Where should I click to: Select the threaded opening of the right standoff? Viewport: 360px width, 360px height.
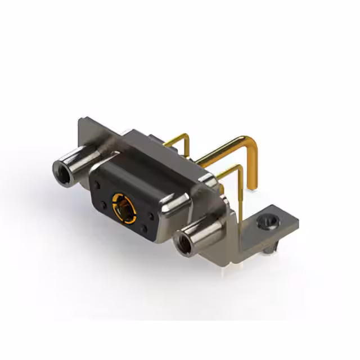coord(183,244)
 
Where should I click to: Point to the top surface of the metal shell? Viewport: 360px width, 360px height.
coord(163,152)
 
